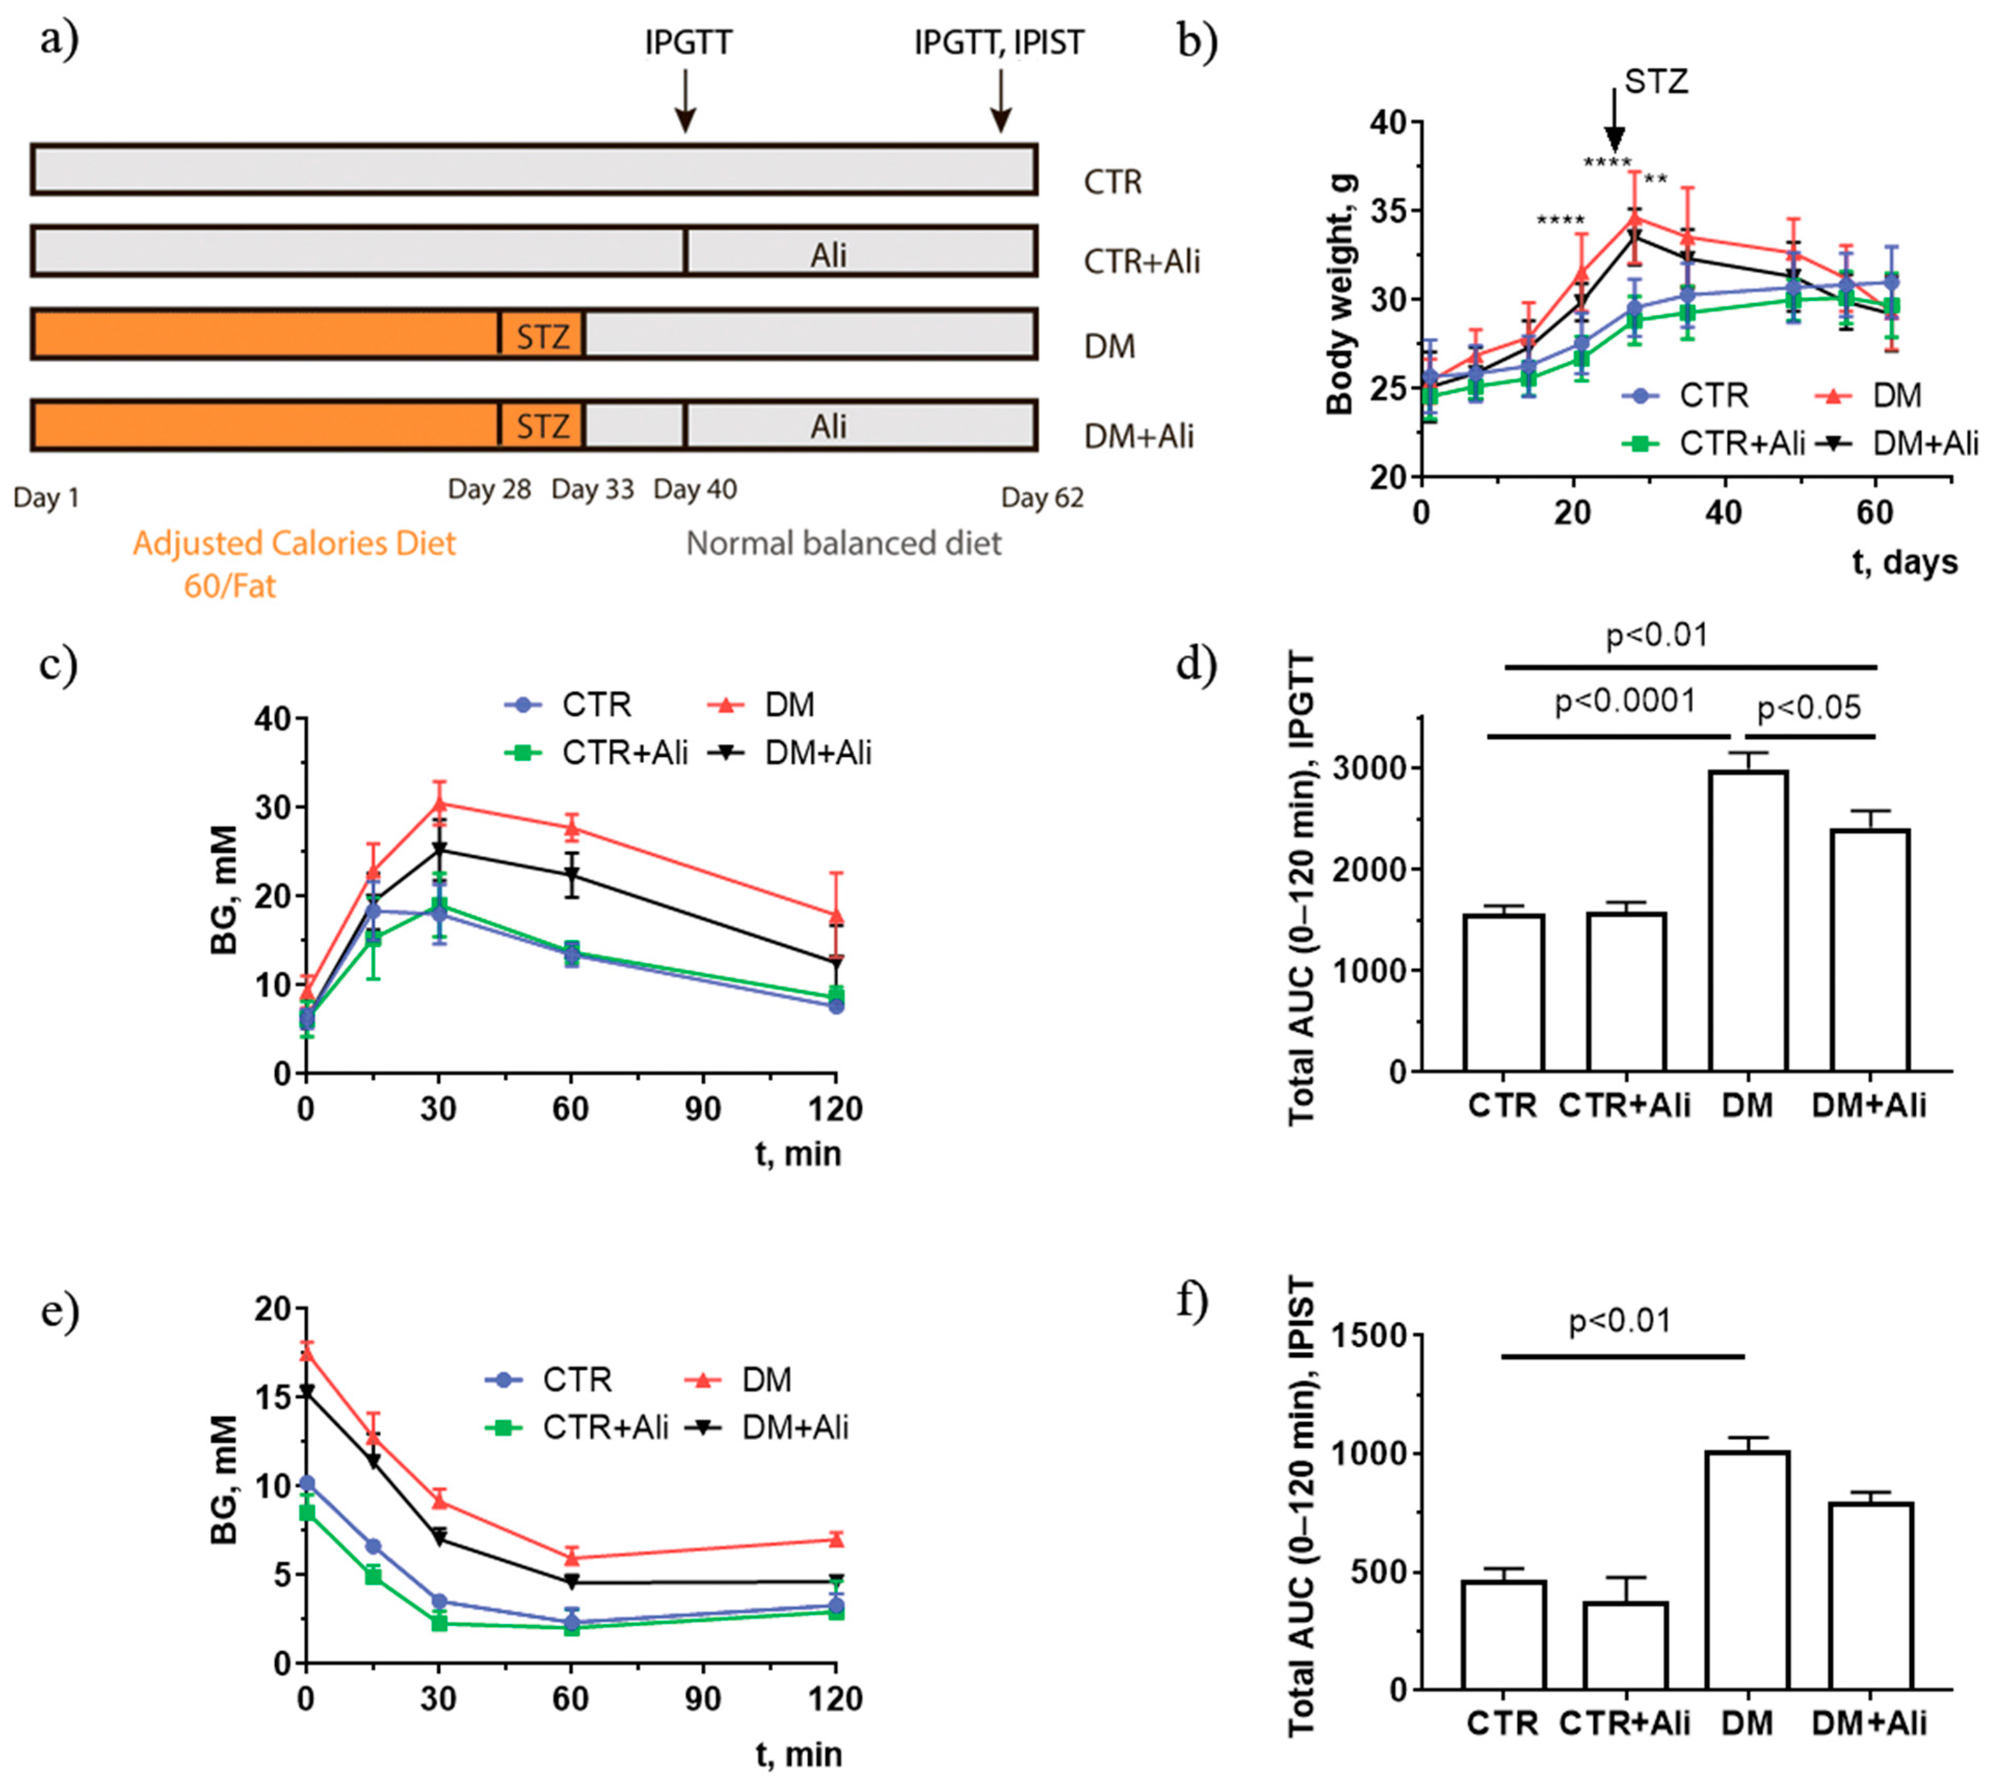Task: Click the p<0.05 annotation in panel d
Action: [x=1808, y=707]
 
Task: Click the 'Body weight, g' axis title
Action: [x=1339, y=294]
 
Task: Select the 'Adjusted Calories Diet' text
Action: [x=294, y=543]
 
